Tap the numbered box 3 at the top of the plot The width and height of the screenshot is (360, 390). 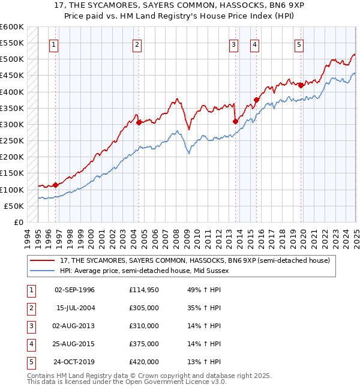(x=233, y=44)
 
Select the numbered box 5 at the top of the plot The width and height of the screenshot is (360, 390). (x=299, y=44)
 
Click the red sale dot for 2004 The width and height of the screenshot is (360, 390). (x=139, y=122)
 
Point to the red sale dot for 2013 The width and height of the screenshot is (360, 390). (x=235, y=121)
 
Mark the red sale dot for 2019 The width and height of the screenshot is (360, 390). (x=301, y=85)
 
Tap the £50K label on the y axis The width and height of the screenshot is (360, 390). (x=14, y=206)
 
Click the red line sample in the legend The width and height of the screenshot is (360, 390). (x=43, y=260)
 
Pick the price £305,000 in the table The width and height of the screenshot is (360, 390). (x=143, y=308)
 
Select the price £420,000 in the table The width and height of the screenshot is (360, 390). (x=143, y=362)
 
